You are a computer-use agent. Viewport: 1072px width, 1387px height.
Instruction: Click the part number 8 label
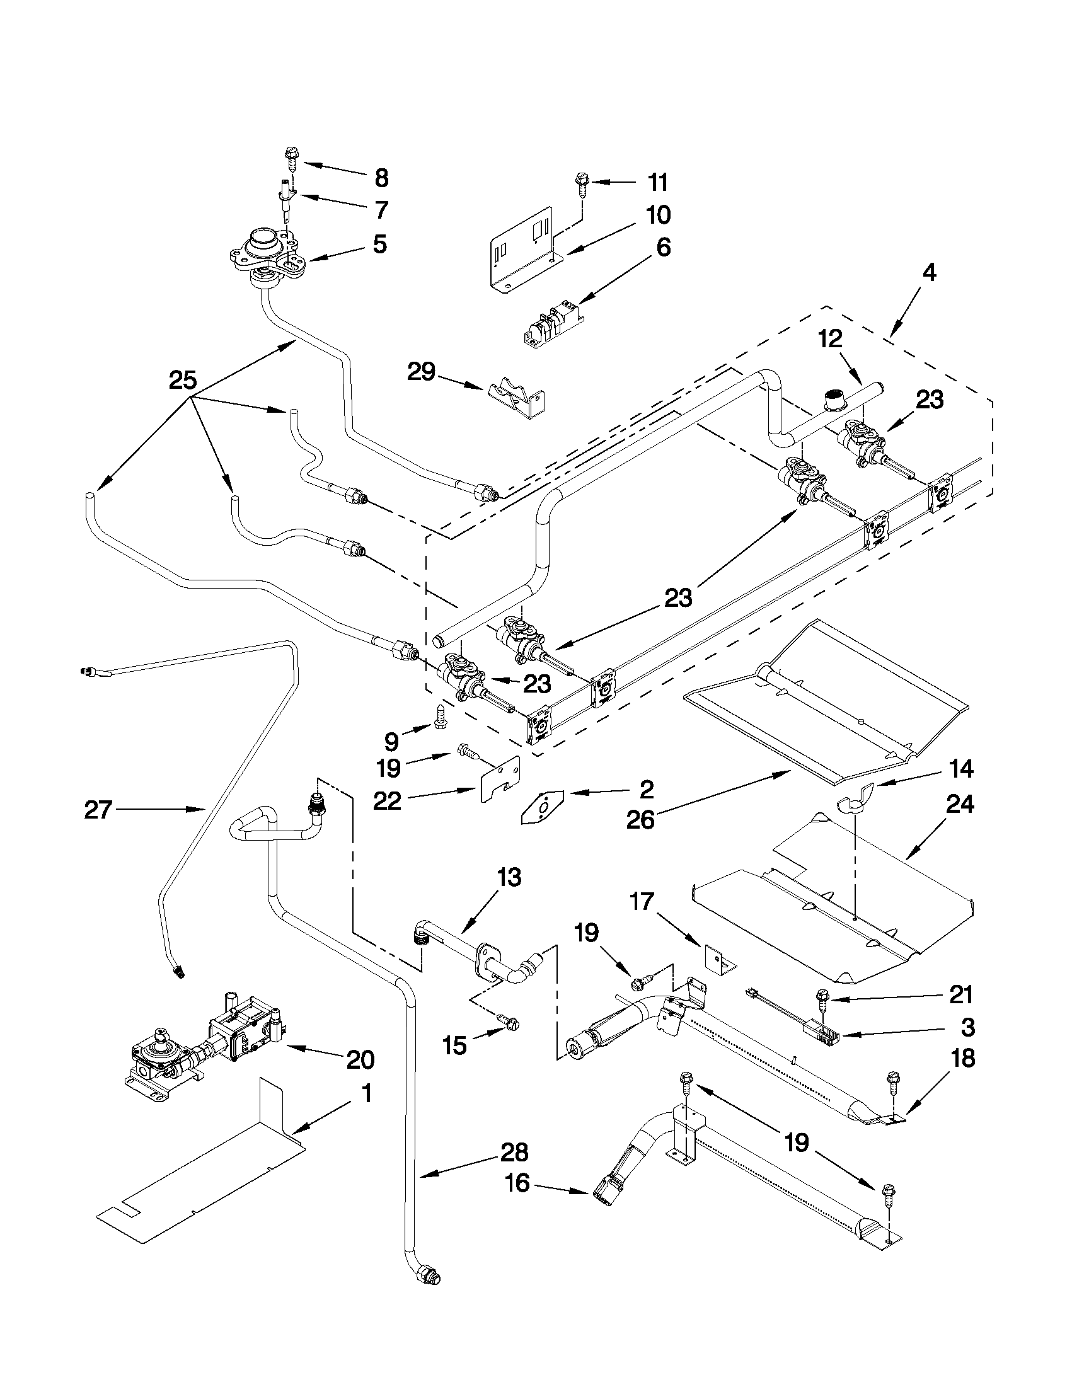pyautogui.click(x=381, y=178)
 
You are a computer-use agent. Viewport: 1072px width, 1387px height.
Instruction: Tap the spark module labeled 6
pyautogui.click(x=551, y=326)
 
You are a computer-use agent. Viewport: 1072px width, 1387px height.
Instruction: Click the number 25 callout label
pyautogui.click(x=183, y=381)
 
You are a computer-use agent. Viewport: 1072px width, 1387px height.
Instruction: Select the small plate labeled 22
pyautogui.click(x=500, y=779)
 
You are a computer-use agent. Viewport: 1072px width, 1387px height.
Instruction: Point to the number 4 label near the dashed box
pyautogui.click(x=928, y=273)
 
